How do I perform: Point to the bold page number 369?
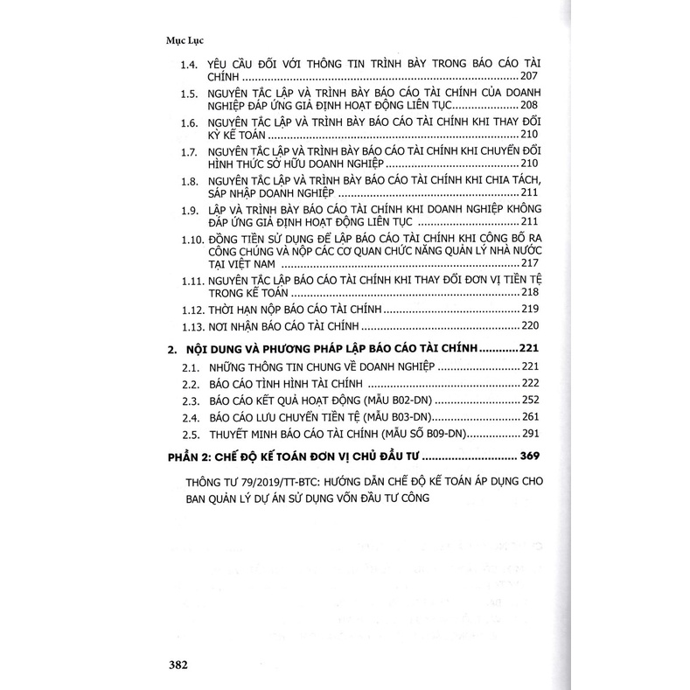pos(529,456)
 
